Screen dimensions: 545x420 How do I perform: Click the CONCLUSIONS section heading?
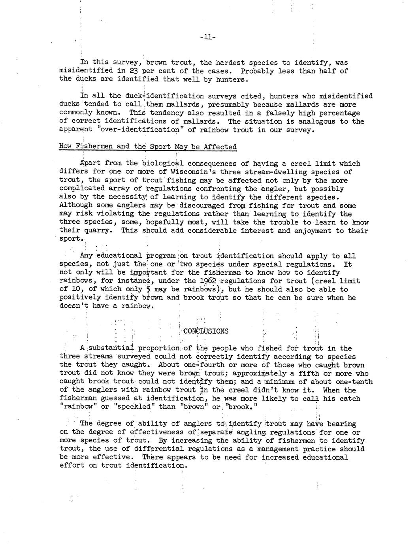(206, 331)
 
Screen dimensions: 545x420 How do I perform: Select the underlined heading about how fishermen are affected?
(148, 147)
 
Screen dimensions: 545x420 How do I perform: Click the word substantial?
(111, 348)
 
